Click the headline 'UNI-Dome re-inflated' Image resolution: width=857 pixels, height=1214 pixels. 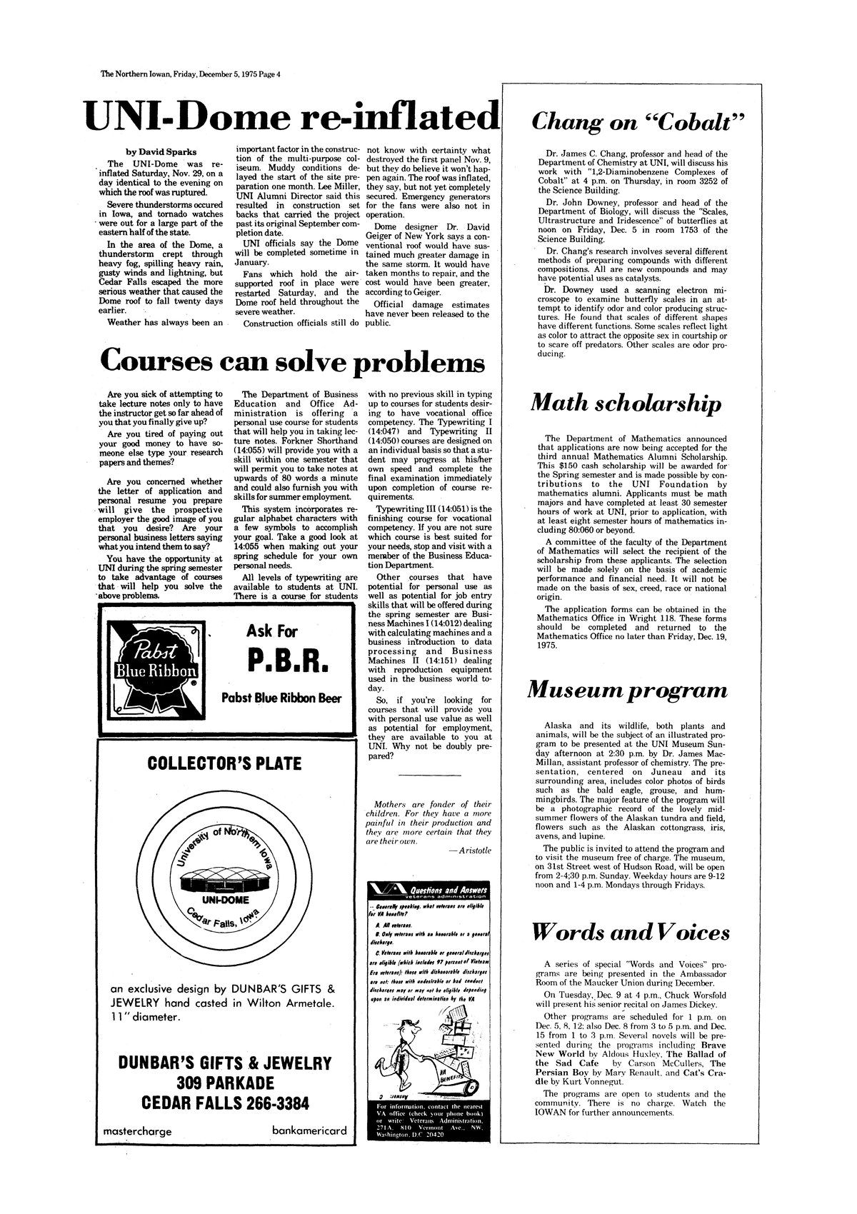coord(289,116)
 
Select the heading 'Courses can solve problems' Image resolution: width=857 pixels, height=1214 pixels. coord(292,361)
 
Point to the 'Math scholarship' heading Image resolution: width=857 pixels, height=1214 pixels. coord(625,404)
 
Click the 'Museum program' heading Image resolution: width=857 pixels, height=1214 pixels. coord(627,691)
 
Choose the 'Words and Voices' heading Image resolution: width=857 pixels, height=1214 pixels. coord(631,932)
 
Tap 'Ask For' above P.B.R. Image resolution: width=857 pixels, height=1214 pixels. coord(272,631)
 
